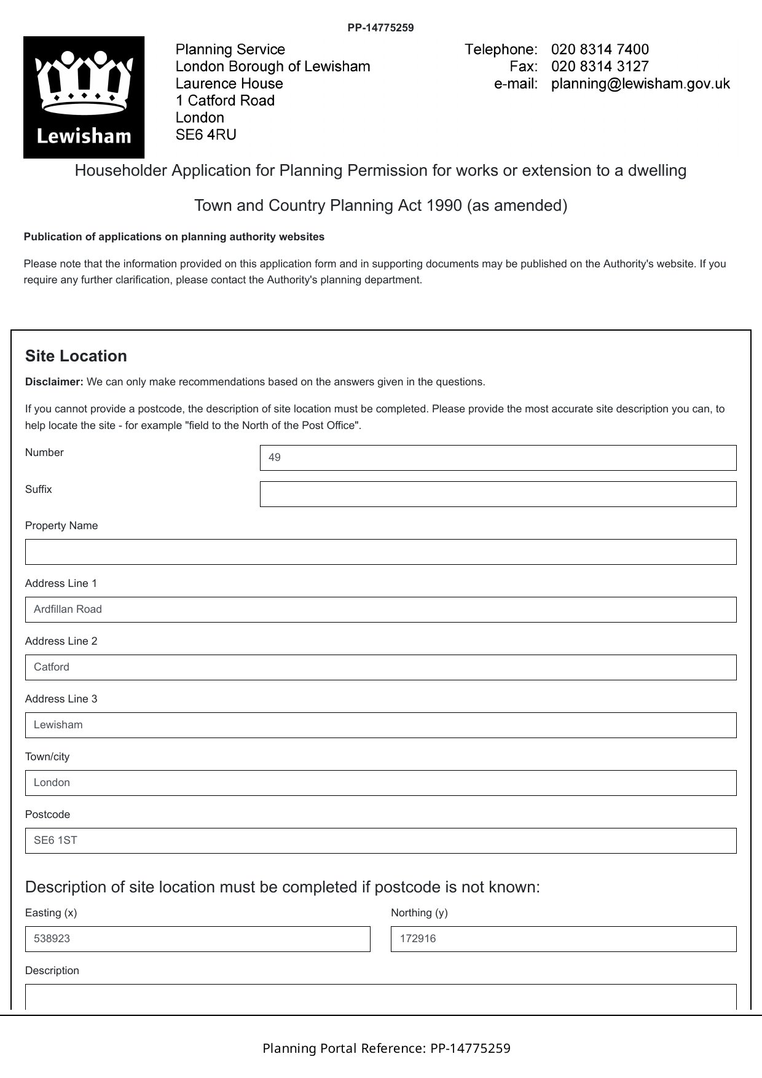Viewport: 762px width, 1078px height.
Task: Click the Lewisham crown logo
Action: click(x=84, y=97)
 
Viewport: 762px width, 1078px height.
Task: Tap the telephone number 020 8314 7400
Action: click(x=599, y=49)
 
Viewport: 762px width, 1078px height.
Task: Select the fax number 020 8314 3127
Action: click(x=599, y=66)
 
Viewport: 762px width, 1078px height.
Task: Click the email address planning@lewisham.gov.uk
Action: click(x=640, y=84)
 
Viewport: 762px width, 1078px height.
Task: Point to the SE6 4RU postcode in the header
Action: click(x=206, y=135)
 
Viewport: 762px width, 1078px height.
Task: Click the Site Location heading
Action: click(x=76, y=356)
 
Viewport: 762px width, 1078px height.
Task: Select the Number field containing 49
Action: click(x=498, y=458)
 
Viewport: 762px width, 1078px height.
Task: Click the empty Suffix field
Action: click(x=498, y=494)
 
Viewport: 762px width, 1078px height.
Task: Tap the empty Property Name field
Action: click(x=380, y=552)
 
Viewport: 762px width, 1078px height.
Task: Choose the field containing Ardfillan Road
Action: click(x=380, y=610)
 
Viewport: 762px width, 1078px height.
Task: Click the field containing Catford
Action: click(x=380, y=667)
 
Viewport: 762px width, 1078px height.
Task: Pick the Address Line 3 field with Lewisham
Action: click(x=380, y=725)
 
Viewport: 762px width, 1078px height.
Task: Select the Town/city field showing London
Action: click(x=380, y=783)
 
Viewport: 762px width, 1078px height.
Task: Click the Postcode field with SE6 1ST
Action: click(x=380, y=841)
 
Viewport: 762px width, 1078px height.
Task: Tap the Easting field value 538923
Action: click(x=197, y=939)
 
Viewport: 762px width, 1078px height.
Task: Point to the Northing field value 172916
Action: click(x=563, y=939)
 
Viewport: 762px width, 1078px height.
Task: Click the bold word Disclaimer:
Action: click(x=54, y=382)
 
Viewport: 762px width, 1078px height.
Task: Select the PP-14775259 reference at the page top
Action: click(x=380, y=28)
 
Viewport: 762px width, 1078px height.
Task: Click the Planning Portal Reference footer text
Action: click(x=386, y=1048)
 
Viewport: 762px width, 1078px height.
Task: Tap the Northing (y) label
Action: click(x=419, y=913)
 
